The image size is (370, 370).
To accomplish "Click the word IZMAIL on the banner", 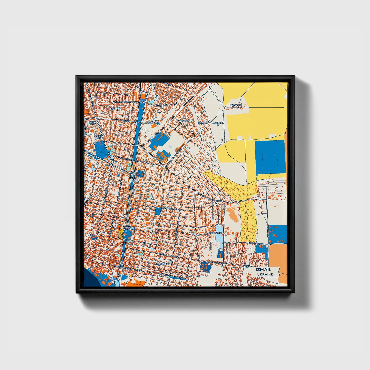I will [263, 269].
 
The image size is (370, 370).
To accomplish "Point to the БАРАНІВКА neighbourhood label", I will [114, 108].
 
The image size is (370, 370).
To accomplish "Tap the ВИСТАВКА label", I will [153, 123].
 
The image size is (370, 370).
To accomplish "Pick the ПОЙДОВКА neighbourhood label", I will [183, 121].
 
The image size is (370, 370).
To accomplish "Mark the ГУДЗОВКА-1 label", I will [235, 105].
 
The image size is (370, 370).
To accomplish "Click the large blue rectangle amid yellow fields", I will [270, 157].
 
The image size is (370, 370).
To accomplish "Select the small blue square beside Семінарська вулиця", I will [158, 211].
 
